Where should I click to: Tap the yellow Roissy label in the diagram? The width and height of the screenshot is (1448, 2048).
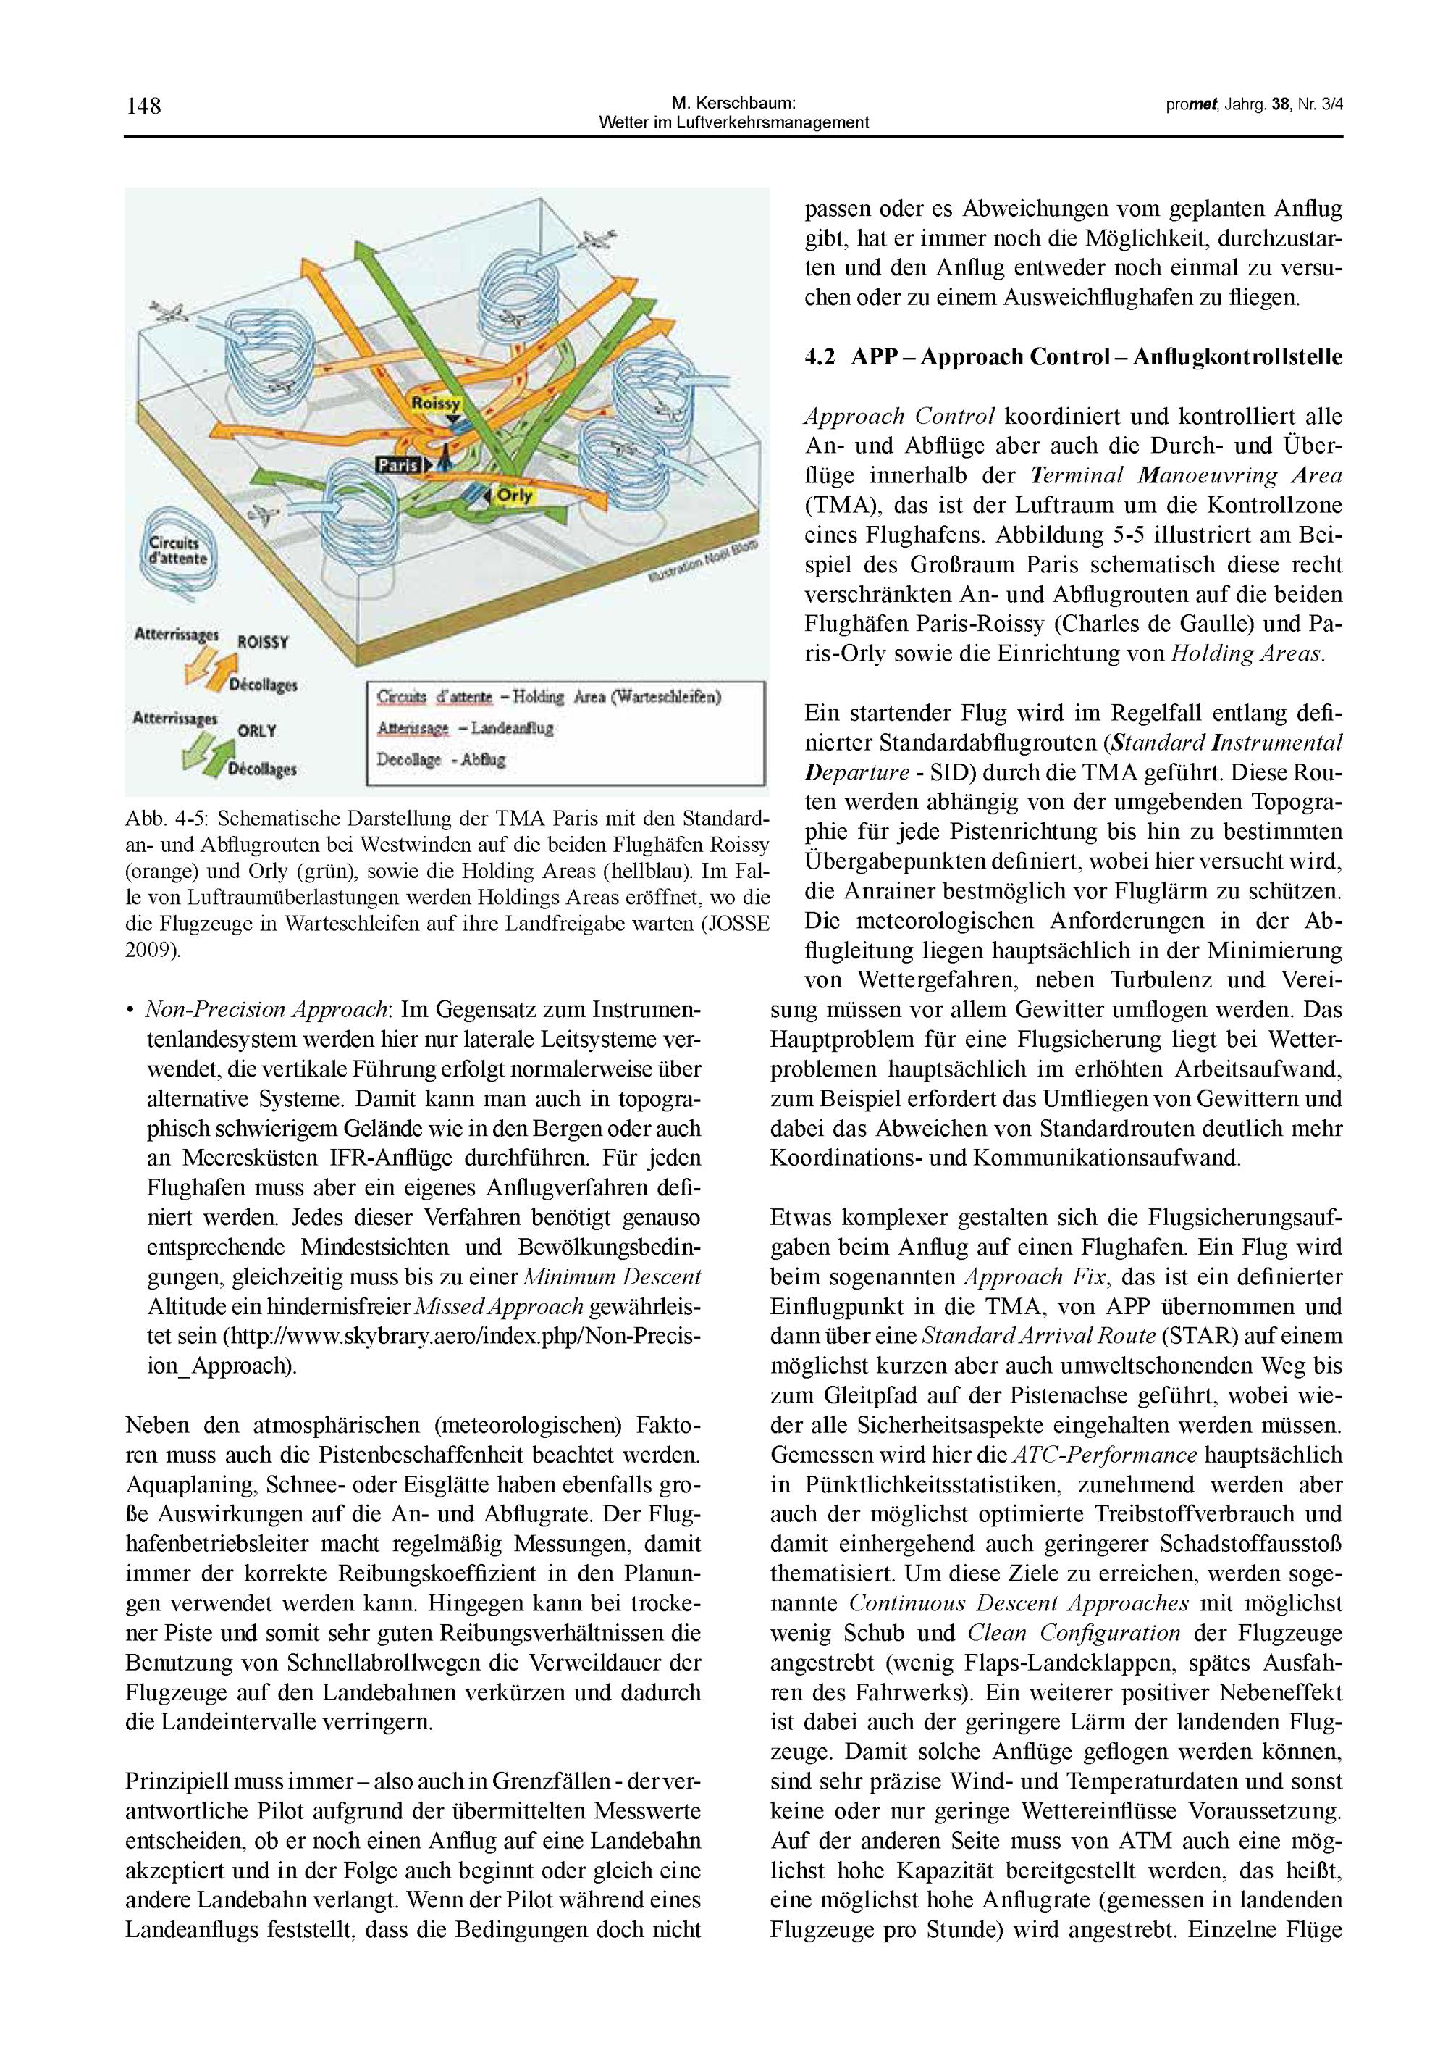click(436, 404)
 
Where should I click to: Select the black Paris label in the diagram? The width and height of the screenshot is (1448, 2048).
click(397, 464)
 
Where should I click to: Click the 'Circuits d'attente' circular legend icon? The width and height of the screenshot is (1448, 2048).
click(177, 553)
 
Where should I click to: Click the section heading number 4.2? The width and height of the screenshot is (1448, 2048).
click(820, 358)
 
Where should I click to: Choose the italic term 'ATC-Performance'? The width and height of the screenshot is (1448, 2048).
click(1106, 1455)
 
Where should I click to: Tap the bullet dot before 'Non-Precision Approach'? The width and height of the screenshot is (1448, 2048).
click(130, 1011)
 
